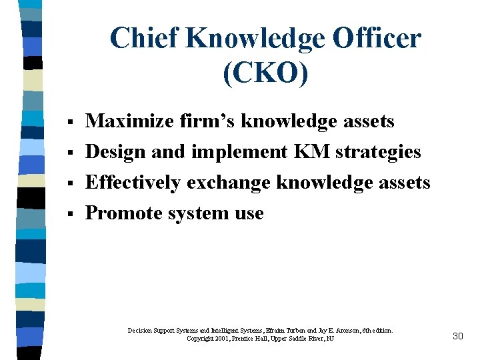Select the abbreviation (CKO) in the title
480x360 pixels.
266,72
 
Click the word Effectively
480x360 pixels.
133,183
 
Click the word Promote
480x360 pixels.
122,213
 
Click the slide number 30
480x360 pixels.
457,336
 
